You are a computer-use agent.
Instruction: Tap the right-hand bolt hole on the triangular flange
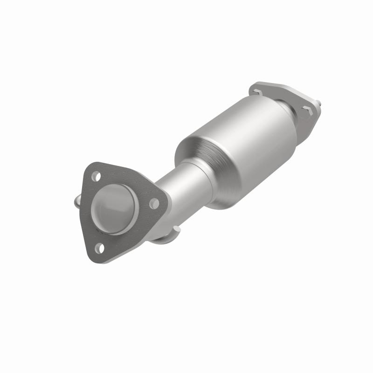pos(153,203)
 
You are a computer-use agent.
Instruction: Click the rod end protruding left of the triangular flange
pos(77,202)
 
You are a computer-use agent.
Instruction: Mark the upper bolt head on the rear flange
pos(258,92)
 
